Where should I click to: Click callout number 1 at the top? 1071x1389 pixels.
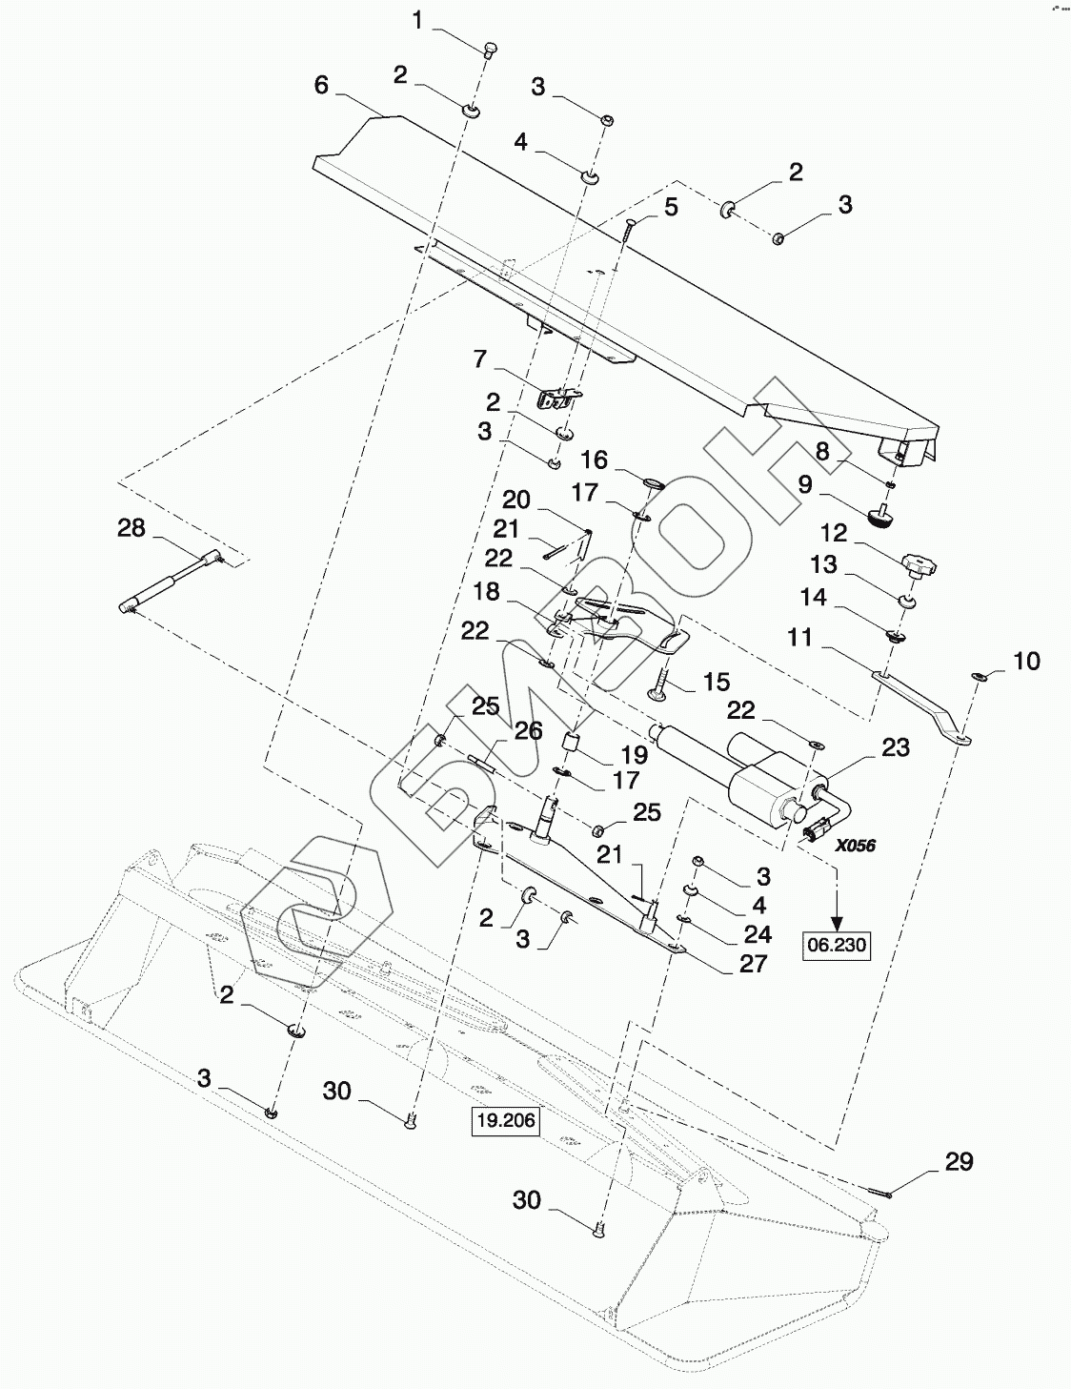[417, 21]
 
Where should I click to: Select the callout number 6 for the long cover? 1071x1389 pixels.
[321, 85]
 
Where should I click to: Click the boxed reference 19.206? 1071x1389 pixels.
[507, 1120]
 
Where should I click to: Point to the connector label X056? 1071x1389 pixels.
[856, 846]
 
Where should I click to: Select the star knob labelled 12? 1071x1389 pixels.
[919, 565]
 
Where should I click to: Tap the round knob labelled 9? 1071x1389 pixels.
[880, 515]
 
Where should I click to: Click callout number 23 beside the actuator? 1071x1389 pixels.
[895, 746]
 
